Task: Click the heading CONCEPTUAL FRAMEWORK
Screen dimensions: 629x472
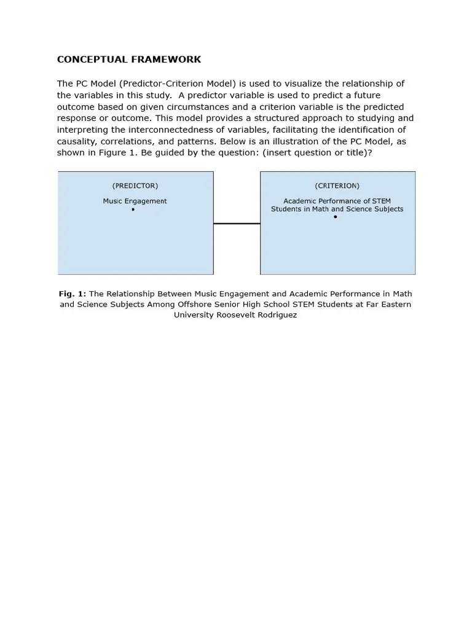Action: [129, 60]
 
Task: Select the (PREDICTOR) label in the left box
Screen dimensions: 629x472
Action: [135, 186]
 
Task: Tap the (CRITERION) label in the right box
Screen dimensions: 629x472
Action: [337, 186]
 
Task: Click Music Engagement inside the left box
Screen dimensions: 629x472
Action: [135, 201]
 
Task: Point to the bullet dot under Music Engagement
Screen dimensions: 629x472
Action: [133, 209]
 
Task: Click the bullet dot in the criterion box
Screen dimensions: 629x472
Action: [335, 217]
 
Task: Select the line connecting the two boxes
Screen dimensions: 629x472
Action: [237, 224]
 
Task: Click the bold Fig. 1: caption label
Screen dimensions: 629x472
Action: [73, 294]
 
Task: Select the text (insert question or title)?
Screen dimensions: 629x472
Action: [317, 152]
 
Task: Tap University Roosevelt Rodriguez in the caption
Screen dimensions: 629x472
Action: [235, 314]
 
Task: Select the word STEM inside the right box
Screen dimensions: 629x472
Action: [381, 201]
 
